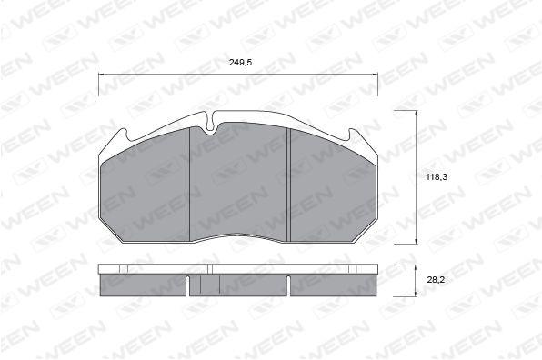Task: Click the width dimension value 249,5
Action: [x=240, y=62]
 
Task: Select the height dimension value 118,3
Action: [x=437, y=177]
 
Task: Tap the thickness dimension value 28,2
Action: [x=436, y=280]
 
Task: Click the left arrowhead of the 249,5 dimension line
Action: [x=101, y=74]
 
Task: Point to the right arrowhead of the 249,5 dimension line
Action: [x=375, y=74]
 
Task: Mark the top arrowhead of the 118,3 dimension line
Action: [x=417, y=113]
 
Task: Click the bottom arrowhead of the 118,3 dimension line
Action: [x=417, y=241]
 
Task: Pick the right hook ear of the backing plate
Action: [x=354, y=135]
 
